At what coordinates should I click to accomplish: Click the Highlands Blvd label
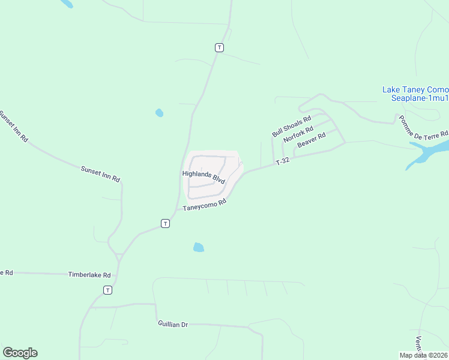pyautogui.click(x=203, y=176)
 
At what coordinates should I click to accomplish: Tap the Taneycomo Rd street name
pyautogui.click(x=204, y=205)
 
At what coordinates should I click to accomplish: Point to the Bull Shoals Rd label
pyautogui.click(x=291, y=127)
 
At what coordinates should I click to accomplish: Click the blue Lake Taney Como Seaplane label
pyautogui.click(x=415, y=94)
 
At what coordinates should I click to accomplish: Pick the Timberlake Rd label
pyautogui.click(x=90, y=275)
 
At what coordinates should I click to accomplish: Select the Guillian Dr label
pyautogui.click(x=173, y=325)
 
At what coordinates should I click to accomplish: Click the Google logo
pyautogui.click(x=20, y=353)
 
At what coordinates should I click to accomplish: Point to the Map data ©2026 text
pyautogui.click(x=424, y=355)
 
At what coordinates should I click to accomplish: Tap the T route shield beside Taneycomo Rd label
pyautogui.click(x=165, y=223)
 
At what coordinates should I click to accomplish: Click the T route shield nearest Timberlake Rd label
pyautogui.click(x=107, y=290)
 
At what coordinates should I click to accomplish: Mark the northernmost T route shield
pyautogui.click(x=220, y=47)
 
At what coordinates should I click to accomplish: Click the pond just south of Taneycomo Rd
pyautogui.click(x=199, y=247)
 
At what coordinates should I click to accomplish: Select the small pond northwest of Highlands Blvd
pyautogui.click(x=159, y=112)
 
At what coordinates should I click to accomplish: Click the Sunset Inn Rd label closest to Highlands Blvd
pyautogui.click(x=100, y=175)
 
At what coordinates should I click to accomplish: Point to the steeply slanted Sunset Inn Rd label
pyautogui.click(x=13, y=126)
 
